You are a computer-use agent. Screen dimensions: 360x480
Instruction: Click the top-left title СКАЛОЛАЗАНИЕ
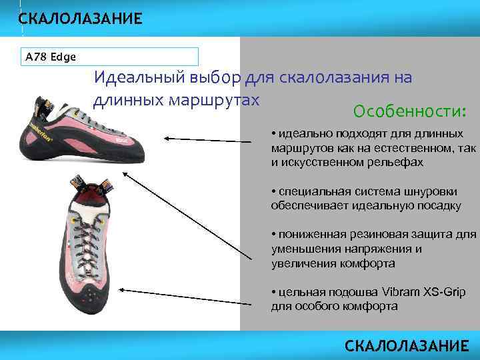(x=80, y=19)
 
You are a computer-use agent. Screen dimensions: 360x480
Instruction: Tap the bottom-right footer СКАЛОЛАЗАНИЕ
(x=407, y=345)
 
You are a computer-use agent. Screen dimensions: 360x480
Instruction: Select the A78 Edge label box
(x=110, y=57)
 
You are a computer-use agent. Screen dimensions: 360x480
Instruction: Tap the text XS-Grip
(x=446, y=293)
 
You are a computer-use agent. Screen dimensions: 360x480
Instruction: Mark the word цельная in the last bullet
(x=303, y=293)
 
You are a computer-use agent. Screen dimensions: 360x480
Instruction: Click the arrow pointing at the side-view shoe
(x=213, y=138)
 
